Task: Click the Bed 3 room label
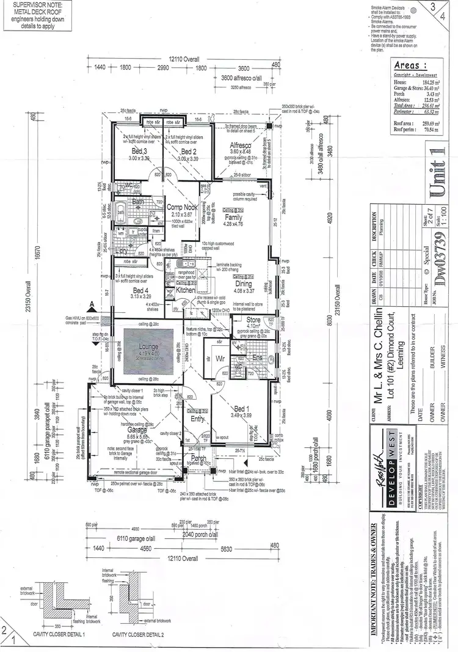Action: [x=139, y=152]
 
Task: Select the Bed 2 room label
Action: [x=189, y=152]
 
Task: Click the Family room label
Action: [x=234, y=217]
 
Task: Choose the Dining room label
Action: [x=243, y=284]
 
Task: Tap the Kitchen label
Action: [x=186, y=291]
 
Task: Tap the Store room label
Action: [x=253, y=319]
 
